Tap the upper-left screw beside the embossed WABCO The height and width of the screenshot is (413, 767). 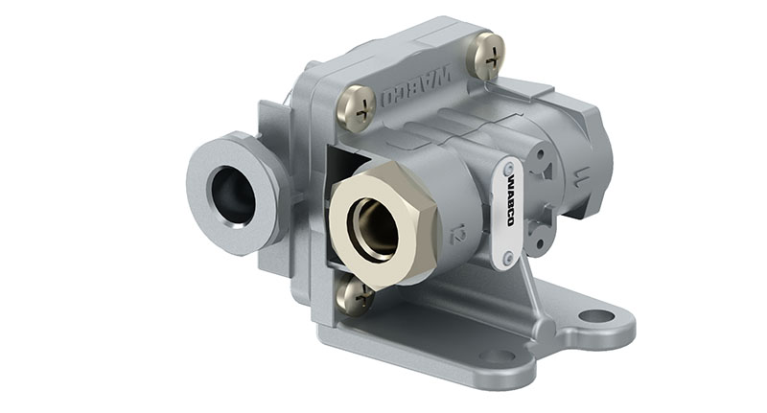pyautogui.click(x=356, y=105)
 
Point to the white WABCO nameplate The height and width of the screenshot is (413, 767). pyautogui.click(x=508, y=211)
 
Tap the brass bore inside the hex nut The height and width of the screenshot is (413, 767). pyautogui.click(x=375, y=230)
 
